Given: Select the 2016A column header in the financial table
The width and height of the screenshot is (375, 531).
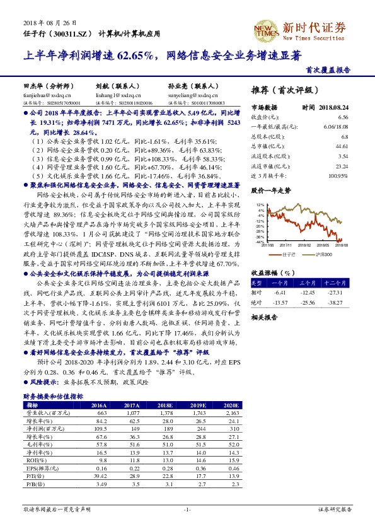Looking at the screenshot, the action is click(99, 405).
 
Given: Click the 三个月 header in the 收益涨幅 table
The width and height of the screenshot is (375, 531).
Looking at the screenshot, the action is click(308, 284).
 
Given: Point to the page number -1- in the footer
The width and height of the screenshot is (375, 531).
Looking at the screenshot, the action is click(187, 508).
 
